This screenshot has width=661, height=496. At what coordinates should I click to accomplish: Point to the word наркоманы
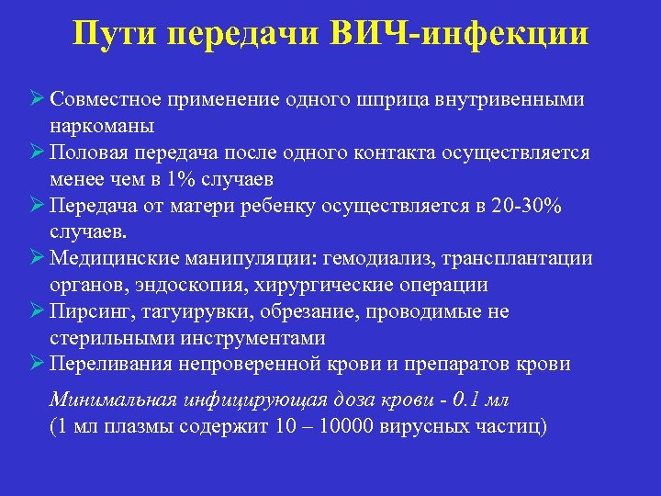[x=102, y=125]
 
